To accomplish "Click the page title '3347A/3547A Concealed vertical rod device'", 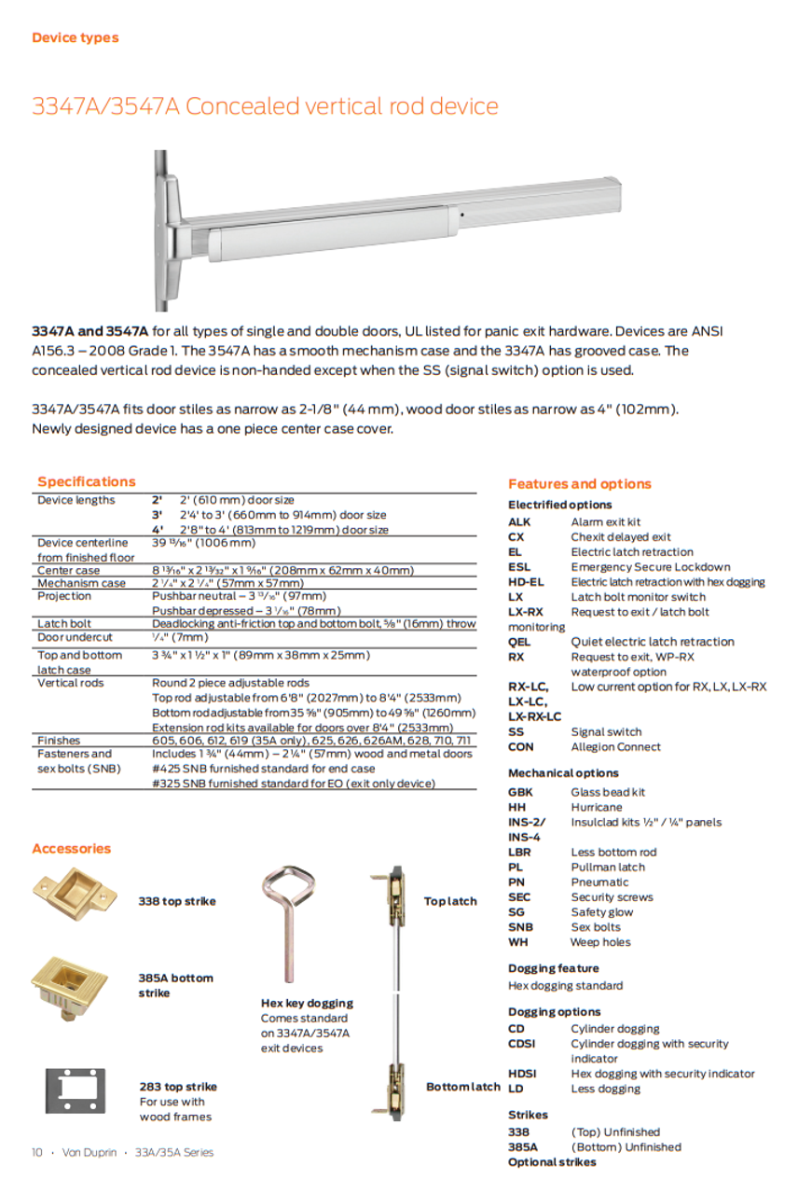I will pyautogui.click(x=265, y=106).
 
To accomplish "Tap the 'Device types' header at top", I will pyautogui.click(x=75, y=38).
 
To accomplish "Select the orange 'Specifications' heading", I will pyautogui.click(x=86, y=481).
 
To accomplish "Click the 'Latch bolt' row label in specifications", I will pyautogui.click(x=64, y=623).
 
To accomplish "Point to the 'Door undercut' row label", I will pyautogui.click(x=75, y=637).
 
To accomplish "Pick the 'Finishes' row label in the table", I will pyautogui.click(x=59, y=740).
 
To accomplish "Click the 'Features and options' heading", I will pyautogui.click(x=579, y=483).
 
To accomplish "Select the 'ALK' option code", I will pyautogui.click(x=520, y=522).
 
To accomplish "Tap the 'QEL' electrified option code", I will pyautogui.click(x=519, y=642).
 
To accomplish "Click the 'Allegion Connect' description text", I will pyautogui.click(x=615, y=747).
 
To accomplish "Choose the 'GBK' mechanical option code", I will pyautogui.click(x=520, y=792).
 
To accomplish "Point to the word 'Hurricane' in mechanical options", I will pyautogui.click(x=596, y=807).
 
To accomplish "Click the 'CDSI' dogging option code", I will pyautogui.click(x=522, y=1044).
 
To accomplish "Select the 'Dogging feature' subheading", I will pyautogui.click(x=553, y=968).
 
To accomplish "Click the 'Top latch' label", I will pyautogui.click(x=449, y=901).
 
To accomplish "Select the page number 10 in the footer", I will pyautogui.click(x=37, y=1152).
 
